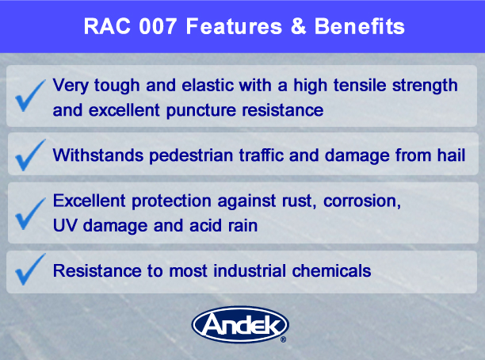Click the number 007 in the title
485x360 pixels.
point(158,26)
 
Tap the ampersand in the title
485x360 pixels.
point(298,26)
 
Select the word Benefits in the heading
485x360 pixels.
point(360,26)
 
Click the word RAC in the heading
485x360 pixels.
point(107,26)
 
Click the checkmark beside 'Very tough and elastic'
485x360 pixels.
point(30,96)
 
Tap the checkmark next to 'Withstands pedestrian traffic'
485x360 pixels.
point(30,155)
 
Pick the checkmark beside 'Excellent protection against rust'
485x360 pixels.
point(30,213)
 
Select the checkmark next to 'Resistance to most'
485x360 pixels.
point(30,270)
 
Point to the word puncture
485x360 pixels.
point(201,111)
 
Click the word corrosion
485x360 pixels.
point(362,201)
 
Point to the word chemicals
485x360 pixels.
point(331,271)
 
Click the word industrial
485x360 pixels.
point(250,271)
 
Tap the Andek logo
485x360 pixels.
point(240,324)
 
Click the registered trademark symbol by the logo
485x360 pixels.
point(283,339)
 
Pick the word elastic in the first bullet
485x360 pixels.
point(208,85)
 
